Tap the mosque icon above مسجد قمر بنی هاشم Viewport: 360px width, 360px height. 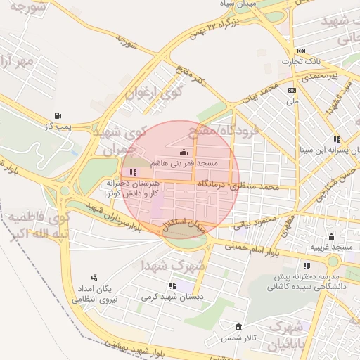point(184,152)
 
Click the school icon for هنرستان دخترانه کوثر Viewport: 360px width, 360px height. point(134,172)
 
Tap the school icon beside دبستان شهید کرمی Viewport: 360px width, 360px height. point(172,285)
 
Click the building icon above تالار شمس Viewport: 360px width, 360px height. point(239,328)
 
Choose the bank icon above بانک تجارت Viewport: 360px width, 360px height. point(301,51)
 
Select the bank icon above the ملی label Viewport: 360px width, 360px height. point(292,90)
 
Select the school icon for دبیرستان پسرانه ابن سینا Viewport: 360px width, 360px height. point(337,139)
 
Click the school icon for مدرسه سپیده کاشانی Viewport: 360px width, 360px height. point(307,266)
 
